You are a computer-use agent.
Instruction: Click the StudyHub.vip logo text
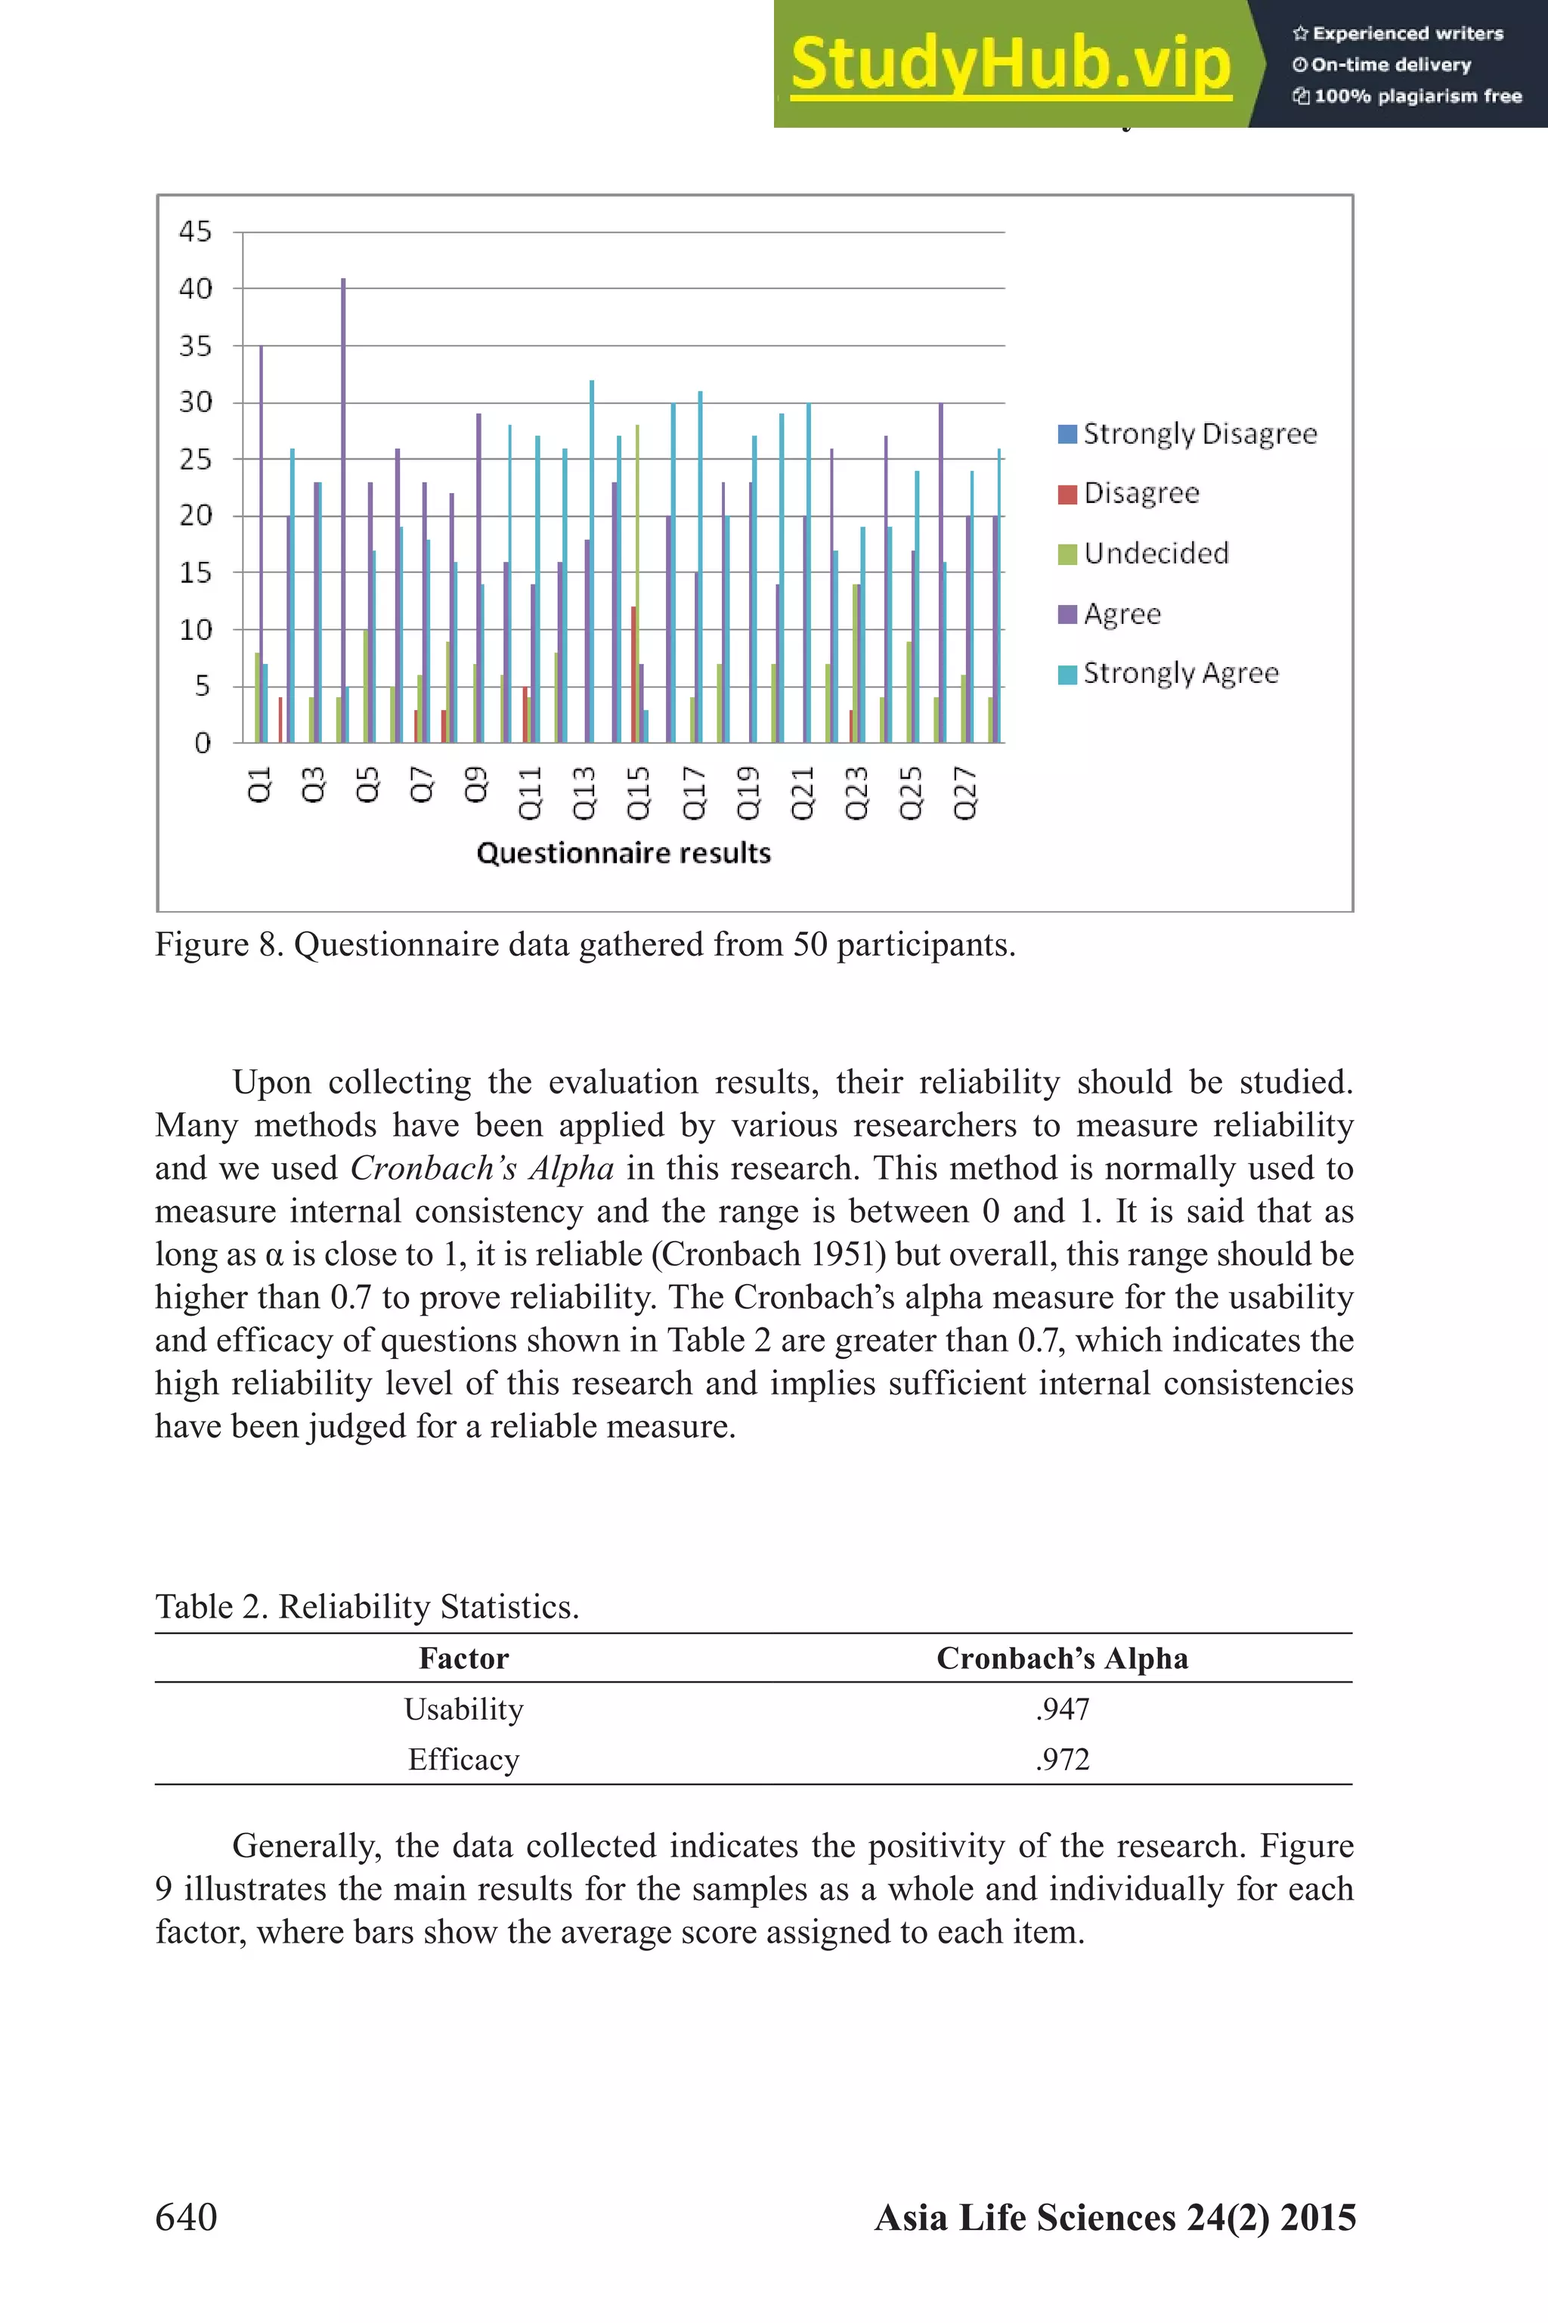click(1010, 65)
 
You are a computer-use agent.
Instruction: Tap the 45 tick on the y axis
click(194, 232)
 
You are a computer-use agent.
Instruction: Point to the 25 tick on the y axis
click(194, 459)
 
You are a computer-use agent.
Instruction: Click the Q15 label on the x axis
click(639, 793)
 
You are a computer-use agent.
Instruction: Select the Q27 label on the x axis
click(964, 793)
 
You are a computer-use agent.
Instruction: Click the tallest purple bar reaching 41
click(344, 510)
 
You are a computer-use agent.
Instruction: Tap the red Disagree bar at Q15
click(633, 675)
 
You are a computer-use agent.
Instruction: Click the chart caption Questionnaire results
click(623, 853)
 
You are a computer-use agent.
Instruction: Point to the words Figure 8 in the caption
click(219, 945)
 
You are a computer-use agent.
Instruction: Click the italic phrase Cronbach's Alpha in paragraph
click(481, 1168)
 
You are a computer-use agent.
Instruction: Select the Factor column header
click(463, 1658)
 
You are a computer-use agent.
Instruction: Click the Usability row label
click(463, 1710)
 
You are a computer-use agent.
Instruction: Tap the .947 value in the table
click(1062, 1710)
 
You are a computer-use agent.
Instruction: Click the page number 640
click(186, 2217)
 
